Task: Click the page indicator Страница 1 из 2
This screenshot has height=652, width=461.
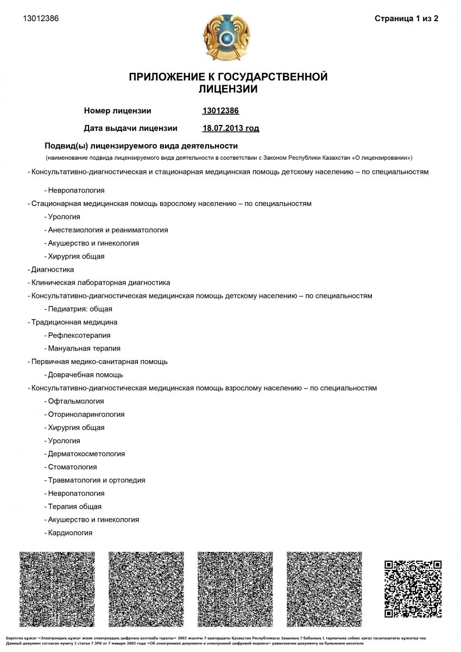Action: pos(406,18)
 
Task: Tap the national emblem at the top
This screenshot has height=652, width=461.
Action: pos(227,38)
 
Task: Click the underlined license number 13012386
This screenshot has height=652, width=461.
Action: pos(220,111)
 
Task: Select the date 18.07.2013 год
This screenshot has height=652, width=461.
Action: pos(230,128)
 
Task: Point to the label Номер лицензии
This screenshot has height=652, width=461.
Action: pos(117,111)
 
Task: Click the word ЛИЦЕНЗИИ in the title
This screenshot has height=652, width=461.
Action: pos(228,89)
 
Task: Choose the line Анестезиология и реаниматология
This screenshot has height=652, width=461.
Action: pos(108,230)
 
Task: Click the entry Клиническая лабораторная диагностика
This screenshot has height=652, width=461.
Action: pos(100,283)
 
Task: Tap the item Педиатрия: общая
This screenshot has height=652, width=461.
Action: pos(80,309)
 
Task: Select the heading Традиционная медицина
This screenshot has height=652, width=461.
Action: pos(74,322)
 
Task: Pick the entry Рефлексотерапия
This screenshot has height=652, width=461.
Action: pos(79,335)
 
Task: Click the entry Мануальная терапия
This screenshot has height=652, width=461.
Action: pos(84,348)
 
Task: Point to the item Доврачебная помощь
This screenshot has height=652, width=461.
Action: pos(85,375)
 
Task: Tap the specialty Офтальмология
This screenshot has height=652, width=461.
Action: pos(75,401)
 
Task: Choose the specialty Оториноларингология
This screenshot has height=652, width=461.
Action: pos(86,414)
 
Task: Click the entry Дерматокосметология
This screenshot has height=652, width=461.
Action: pos(86,454)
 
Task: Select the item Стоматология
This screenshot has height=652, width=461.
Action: pos(72,467)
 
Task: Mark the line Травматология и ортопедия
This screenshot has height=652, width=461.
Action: pos(96,480)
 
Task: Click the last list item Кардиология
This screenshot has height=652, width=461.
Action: pos(70,533)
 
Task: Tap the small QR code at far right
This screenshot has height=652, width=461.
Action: pos(413,588)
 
